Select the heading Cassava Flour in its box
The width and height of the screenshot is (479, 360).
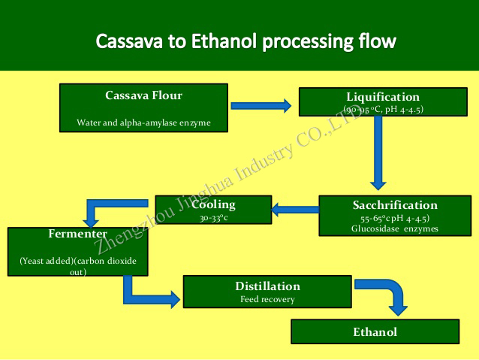coord(144,95)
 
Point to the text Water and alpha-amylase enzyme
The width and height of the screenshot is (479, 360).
coord(144,122)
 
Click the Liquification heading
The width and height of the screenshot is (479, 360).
coord(383,97)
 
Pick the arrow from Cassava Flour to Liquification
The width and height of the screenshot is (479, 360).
coord(260,106)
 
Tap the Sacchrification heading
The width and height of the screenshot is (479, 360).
coord(395,205)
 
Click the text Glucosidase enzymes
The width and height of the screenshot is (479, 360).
coord(395,228)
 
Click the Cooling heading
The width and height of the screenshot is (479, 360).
coord(213,204)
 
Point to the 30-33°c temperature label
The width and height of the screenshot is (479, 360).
coord(213,218)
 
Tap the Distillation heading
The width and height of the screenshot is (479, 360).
coord(267,286)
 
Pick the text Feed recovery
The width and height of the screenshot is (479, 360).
coord(267,299)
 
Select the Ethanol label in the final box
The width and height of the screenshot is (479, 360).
coord(375,331)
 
